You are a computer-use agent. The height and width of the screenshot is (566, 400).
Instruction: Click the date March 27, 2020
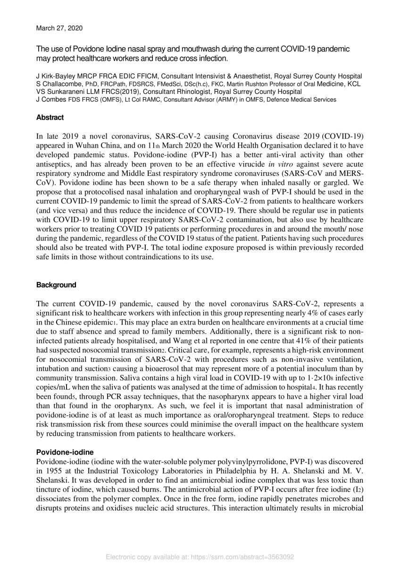59,28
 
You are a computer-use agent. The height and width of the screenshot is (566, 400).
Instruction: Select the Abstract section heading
50,117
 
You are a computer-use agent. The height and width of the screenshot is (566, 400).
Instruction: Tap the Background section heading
56,285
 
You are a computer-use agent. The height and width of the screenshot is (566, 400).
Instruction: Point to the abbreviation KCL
354,83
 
